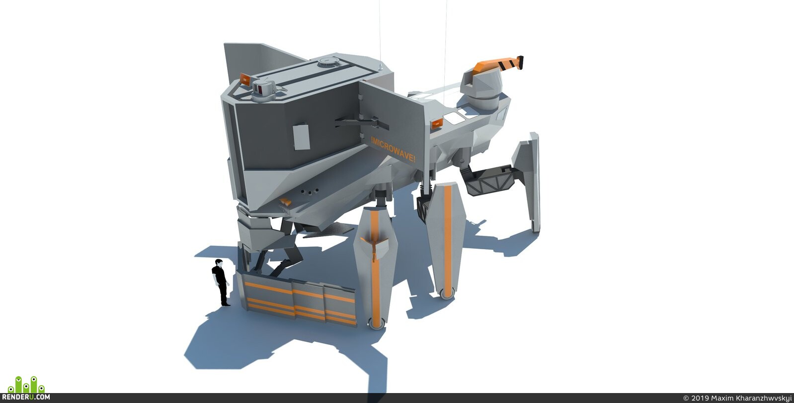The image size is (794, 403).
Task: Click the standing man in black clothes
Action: [x=221, y=283]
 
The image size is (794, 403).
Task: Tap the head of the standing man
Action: [x=219, y=263]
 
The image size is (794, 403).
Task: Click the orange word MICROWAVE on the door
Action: [x=393, y=149]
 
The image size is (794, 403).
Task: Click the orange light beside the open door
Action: [x=437, y=123]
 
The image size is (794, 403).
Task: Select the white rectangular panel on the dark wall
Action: [x=301, y=136]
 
